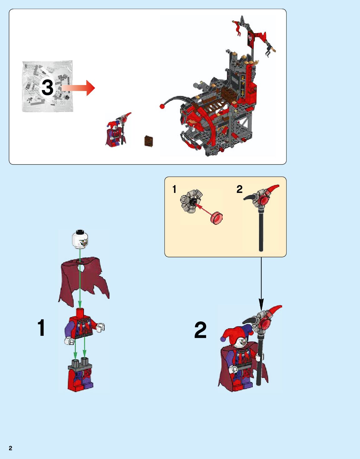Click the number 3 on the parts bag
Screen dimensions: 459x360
coord(48,87)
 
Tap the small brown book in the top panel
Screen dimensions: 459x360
coord(149,141)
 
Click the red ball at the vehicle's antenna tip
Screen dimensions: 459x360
coord(162,106)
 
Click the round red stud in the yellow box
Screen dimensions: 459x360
coord(216,218)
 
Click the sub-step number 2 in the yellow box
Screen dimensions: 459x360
coord(239,189)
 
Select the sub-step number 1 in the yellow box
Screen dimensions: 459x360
coord(174,189)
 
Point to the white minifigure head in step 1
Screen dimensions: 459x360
coord(80,239)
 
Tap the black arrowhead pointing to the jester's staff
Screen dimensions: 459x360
coord(261,303)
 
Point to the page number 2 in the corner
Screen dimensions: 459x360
coord(10,448)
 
